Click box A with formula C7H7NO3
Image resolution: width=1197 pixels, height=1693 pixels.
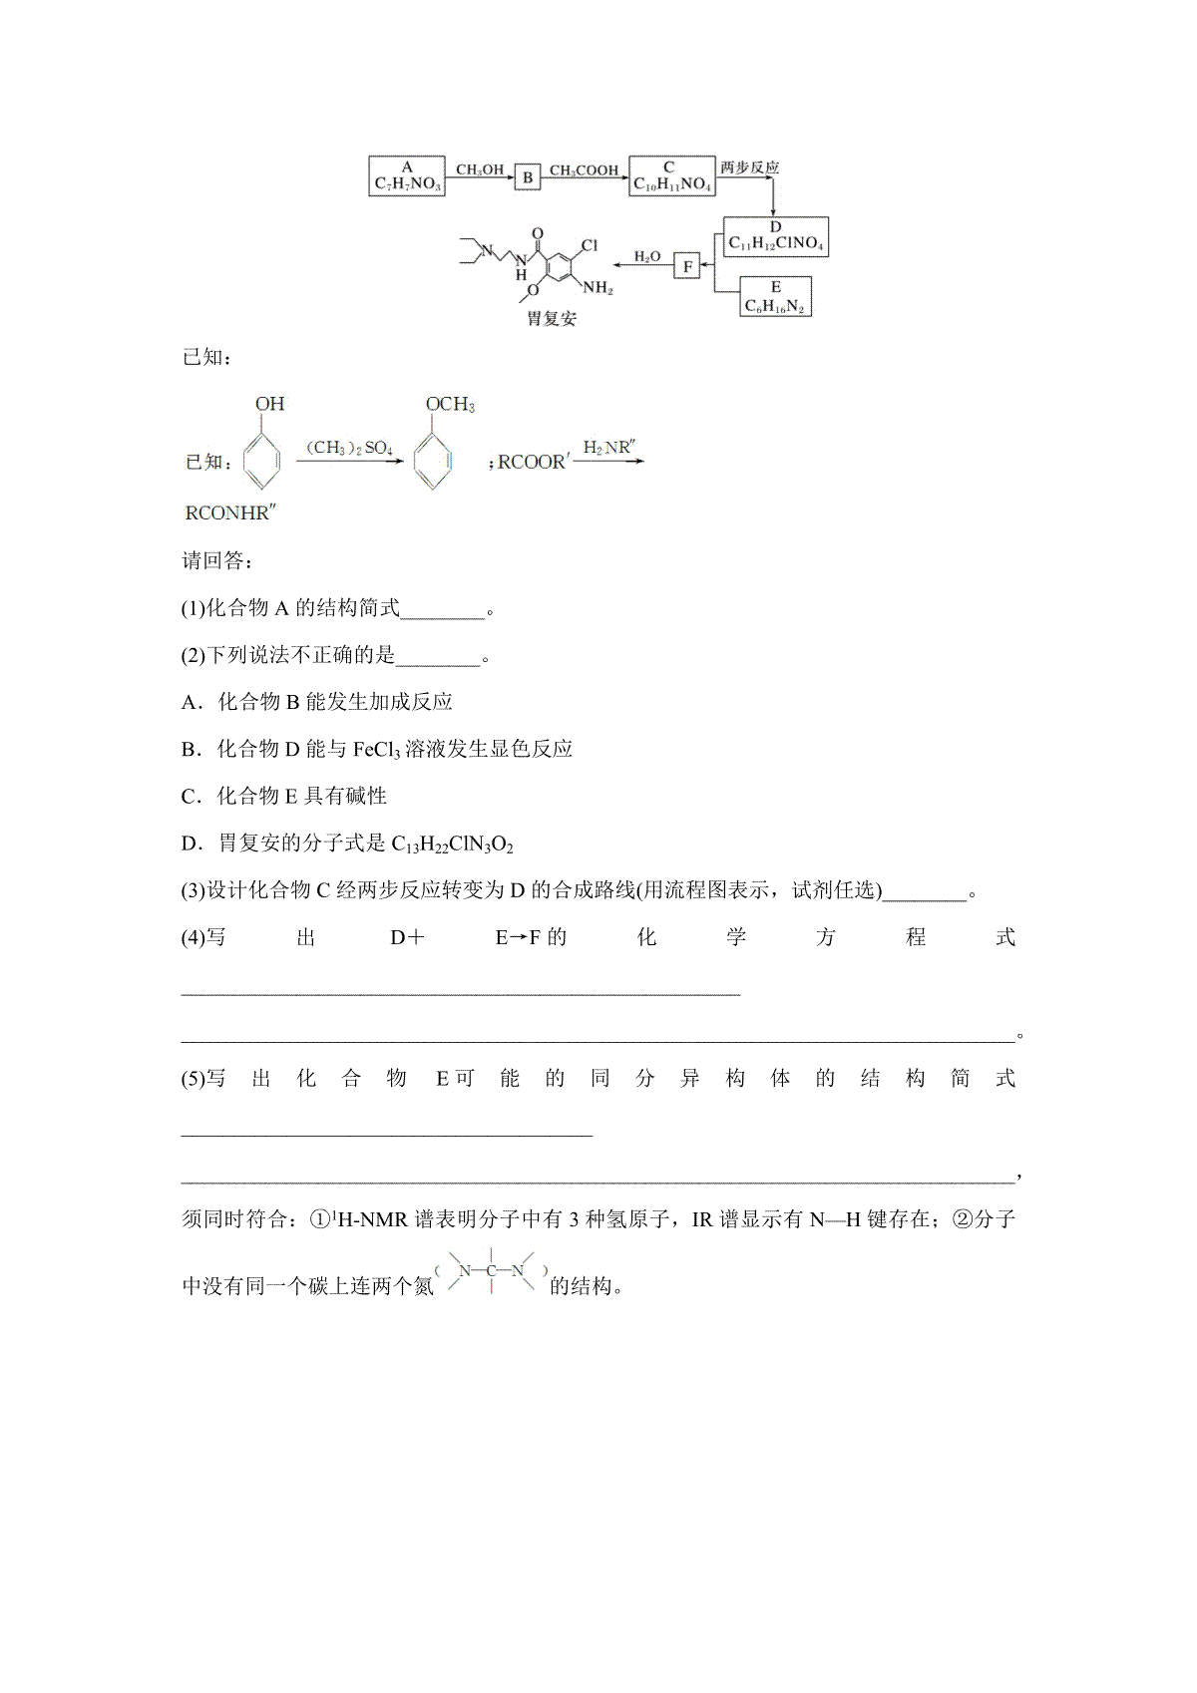[407, 176]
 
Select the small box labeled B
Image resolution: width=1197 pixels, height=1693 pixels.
[528, 177]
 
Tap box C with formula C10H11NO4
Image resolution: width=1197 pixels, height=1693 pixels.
[671, 176]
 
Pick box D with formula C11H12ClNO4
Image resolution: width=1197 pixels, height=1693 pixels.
[775, 235]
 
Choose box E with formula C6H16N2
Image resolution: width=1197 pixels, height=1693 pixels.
[775, 297]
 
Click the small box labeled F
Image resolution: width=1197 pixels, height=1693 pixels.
[687, 266]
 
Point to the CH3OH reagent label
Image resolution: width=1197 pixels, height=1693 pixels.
[480, 170]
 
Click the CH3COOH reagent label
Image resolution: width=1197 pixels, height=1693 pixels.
[584, 170]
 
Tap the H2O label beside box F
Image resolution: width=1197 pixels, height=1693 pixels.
[647, 257]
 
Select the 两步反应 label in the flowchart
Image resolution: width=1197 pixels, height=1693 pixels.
[749, 168]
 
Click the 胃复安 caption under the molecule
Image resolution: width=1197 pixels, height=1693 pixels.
[551, 319]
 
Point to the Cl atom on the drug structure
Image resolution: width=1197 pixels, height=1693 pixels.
[589, 244]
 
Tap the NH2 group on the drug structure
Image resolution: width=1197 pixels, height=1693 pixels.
[598, 288]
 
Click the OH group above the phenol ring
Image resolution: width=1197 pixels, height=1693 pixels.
[269, 404]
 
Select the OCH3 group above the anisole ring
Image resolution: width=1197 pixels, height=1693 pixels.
[450, 404]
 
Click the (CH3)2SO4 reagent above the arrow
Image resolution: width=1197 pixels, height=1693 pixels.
[349, 448]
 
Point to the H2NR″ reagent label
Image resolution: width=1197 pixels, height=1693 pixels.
[607, 448]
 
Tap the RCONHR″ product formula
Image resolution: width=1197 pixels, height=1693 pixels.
[230, 513]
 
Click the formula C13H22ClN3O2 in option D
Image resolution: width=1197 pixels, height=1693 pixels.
[452, 845]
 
